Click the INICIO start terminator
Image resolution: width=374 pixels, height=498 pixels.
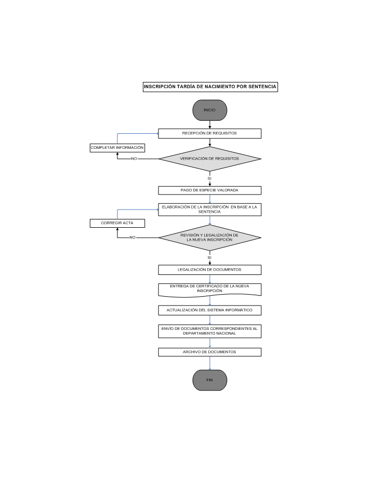click(x=209, y=110)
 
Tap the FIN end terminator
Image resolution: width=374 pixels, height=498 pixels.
click(x=209, y=380)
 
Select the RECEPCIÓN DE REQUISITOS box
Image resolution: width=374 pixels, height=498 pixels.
click(x=209, y=133)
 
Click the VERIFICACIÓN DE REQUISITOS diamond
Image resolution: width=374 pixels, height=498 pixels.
click(x=209, y=159)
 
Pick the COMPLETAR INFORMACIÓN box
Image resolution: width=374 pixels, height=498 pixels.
click(x=117, y=148)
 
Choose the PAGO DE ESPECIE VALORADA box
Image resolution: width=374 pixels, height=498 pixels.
click(x=209, y=190)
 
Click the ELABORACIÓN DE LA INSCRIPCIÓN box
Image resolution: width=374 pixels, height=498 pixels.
click(x=209, y=210)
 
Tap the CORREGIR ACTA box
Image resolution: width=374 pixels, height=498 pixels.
click(x=117, y=223)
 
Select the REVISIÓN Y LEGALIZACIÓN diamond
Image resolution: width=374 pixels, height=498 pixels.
click(x=209, y=238)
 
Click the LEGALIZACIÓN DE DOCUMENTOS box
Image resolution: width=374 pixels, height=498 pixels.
click(x=209, y=270)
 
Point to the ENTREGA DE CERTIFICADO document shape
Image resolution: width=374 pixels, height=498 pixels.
click(x=209, y=290)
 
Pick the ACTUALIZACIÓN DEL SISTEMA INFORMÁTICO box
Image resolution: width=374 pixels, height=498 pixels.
click(x=209, y=310)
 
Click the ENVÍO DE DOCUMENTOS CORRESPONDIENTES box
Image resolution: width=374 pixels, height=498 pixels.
click(x=209, y=331)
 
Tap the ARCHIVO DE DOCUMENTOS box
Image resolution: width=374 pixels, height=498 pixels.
click(x=209, y=352)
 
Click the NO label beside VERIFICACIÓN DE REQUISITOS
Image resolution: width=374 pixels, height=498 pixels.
click(x=134, y=159)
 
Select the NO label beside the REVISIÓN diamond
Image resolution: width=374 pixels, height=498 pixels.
click(x=132, y=238)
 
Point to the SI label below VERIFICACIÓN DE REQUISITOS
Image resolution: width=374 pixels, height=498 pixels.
click(x=209, y=178)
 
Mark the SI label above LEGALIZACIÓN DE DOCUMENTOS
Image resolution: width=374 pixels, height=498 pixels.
click(x=209, y=258)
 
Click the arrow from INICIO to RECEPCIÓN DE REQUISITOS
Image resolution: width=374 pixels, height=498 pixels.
click(x=209, y=125)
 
